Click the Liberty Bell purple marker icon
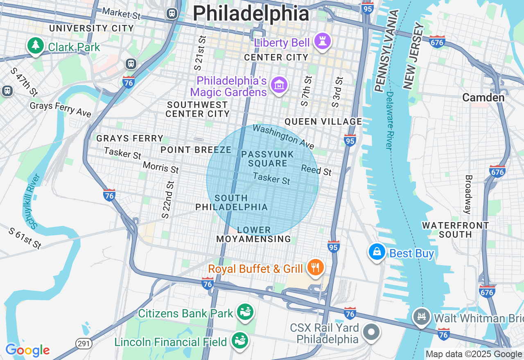pyautogui.click(x=323, y=41)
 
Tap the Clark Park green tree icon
pyautogui.click(x=36, y=46)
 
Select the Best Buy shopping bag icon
pyautogui.click(x=377, y=252)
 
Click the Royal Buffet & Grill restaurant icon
pyautogui.click(x=315, y=268)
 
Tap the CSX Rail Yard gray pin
pyautogui.click(x=371, y=332)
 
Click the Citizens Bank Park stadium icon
pyautogui.click(x=245, y=313)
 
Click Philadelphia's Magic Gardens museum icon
pyautogui.click(x=279, y=85)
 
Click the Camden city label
pyautogui.click(x=483, y=97)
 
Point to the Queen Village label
pyautogui.click(x=323, y=122)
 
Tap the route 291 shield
pyautogui.click(x=84, y=343)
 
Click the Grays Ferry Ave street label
pyautogui.click(x=61, y=109)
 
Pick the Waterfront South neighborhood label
pyautogui.click(x=455, y=230)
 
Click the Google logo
pyautogui.click(x=27, y=350)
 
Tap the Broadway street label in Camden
pyautogui.click(x=468, y=194)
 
